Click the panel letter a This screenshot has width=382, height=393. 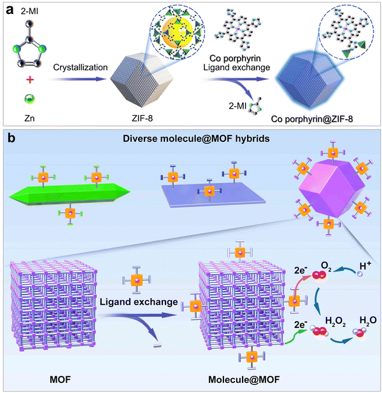(x=10, y=11)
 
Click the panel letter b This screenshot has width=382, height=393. (x=11, y=138)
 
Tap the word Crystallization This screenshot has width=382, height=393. (x=80, y=67)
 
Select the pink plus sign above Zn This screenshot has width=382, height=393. (x=30, y=80)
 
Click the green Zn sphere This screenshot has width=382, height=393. (x=30, y=99)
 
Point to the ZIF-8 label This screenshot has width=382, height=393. (x=142, y=118)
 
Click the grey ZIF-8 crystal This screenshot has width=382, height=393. (x=142, y=80)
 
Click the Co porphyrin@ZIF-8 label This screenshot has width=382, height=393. (x=312, y=119)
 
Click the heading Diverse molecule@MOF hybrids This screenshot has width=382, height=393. (x=196, y=139)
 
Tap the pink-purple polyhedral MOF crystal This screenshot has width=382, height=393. (x=332, y=189)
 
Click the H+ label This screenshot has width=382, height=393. (x=365, y=266)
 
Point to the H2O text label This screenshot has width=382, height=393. (x=368, y=321)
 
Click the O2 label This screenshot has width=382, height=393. (x=326, y=266)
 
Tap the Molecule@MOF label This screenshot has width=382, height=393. (x=244, y=380)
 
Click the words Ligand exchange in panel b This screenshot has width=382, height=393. (x=139, y=302)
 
